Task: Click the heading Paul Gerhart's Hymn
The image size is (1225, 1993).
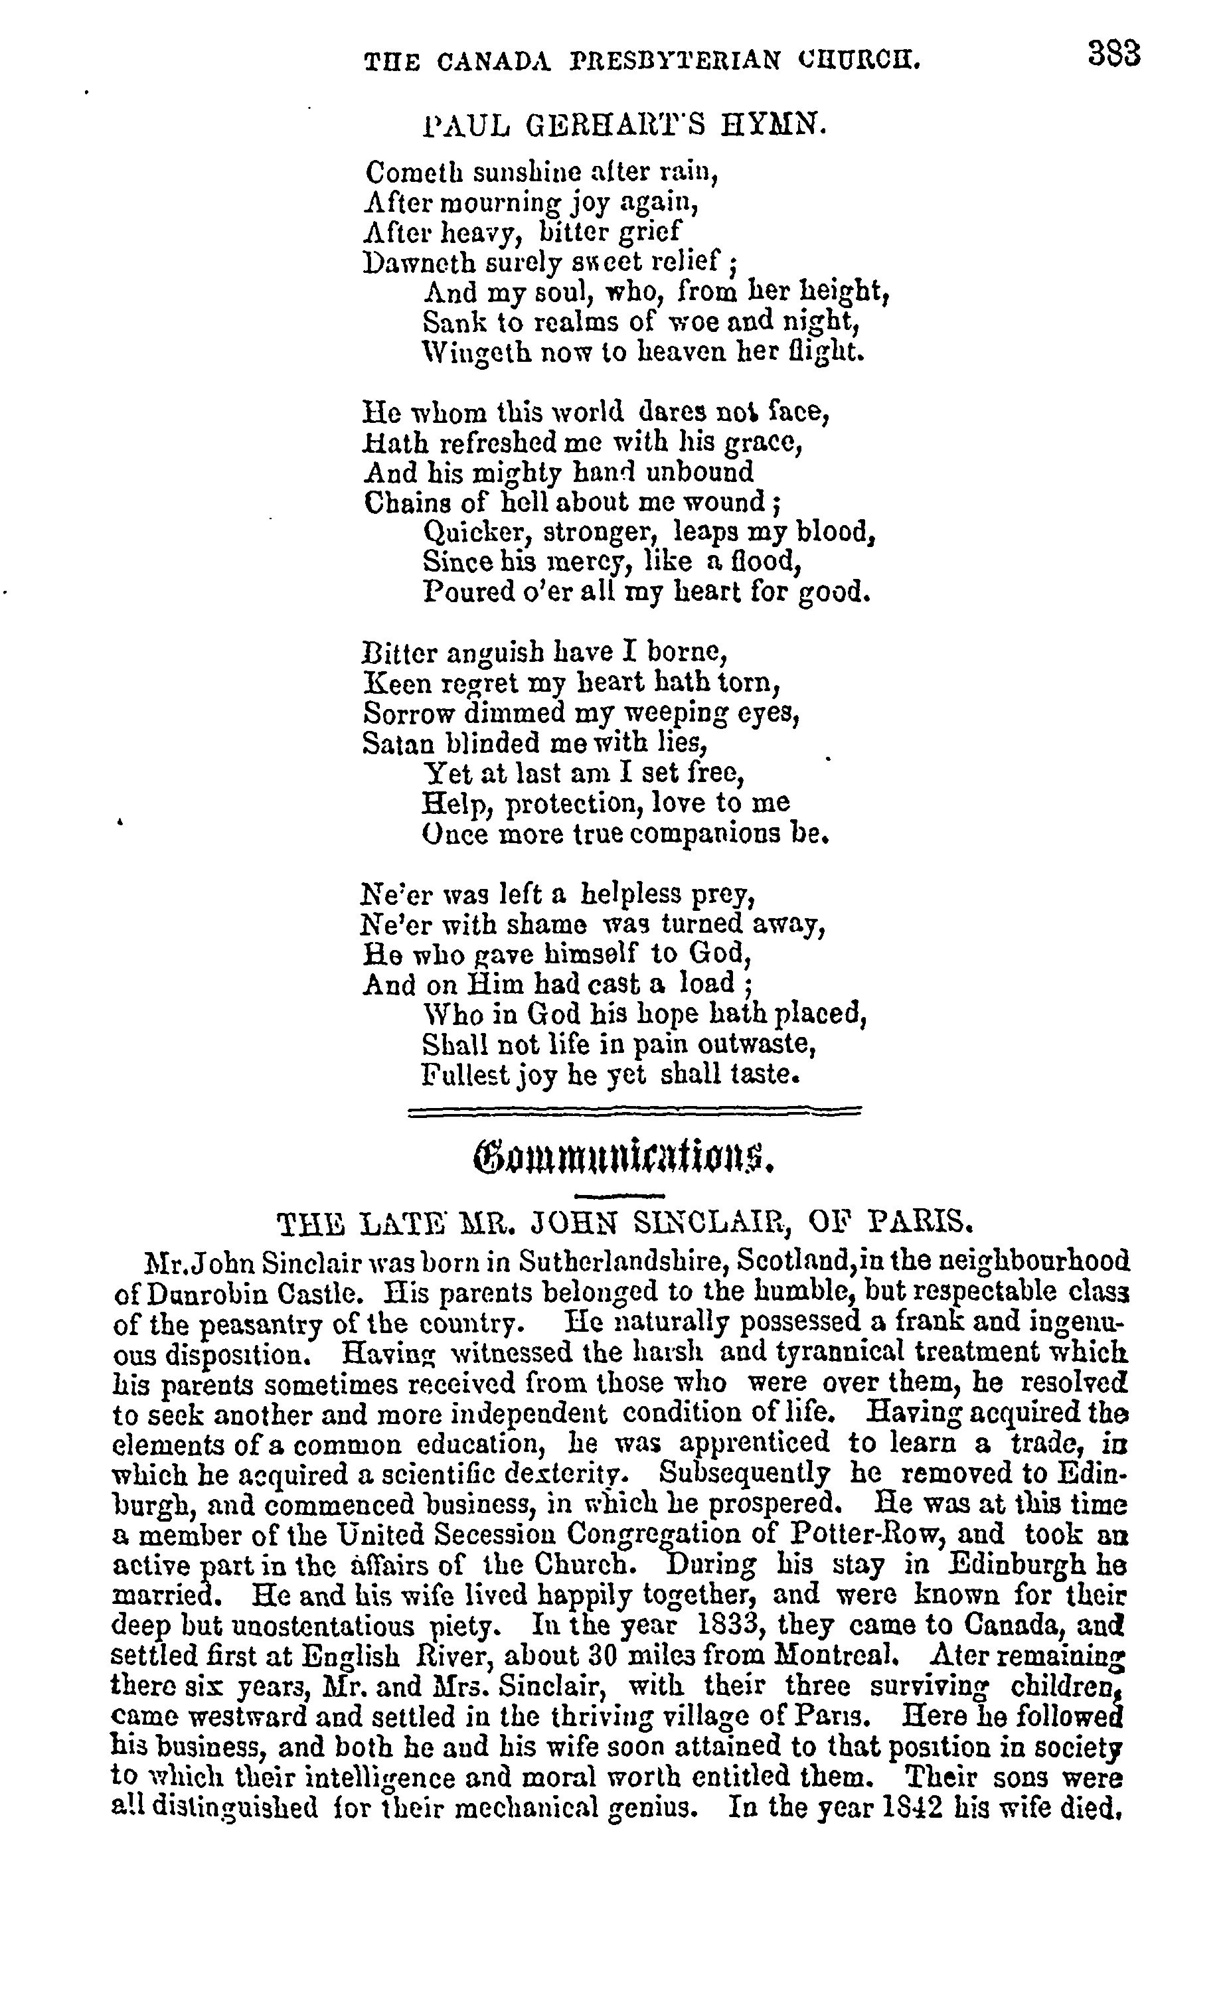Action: coord(625,125)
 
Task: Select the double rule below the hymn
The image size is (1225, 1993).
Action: coord(634,1113)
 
